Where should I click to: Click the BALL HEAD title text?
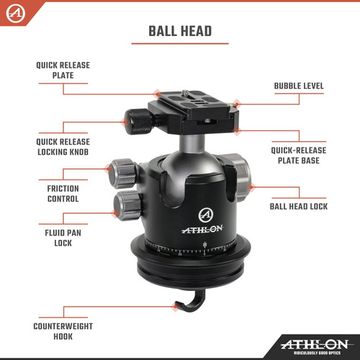click(x=179, y=31)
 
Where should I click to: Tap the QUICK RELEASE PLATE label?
click(x=63, y=69)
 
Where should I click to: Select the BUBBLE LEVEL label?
click(x=298, y=86)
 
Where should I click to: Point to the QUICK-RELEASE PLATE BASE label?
click(x=299, y=156)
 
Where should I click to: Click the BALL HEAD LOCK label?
click(x=298, y=206)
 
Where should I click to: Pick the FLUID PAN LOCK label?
click(x=63, y=238)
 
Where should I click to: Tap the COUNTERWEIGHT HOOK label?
click(x=63, y=330)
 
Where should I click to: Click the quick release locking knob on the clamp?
click(x=137, y=121)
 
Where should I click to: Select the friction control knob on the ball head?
click(x=121, y=172)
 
